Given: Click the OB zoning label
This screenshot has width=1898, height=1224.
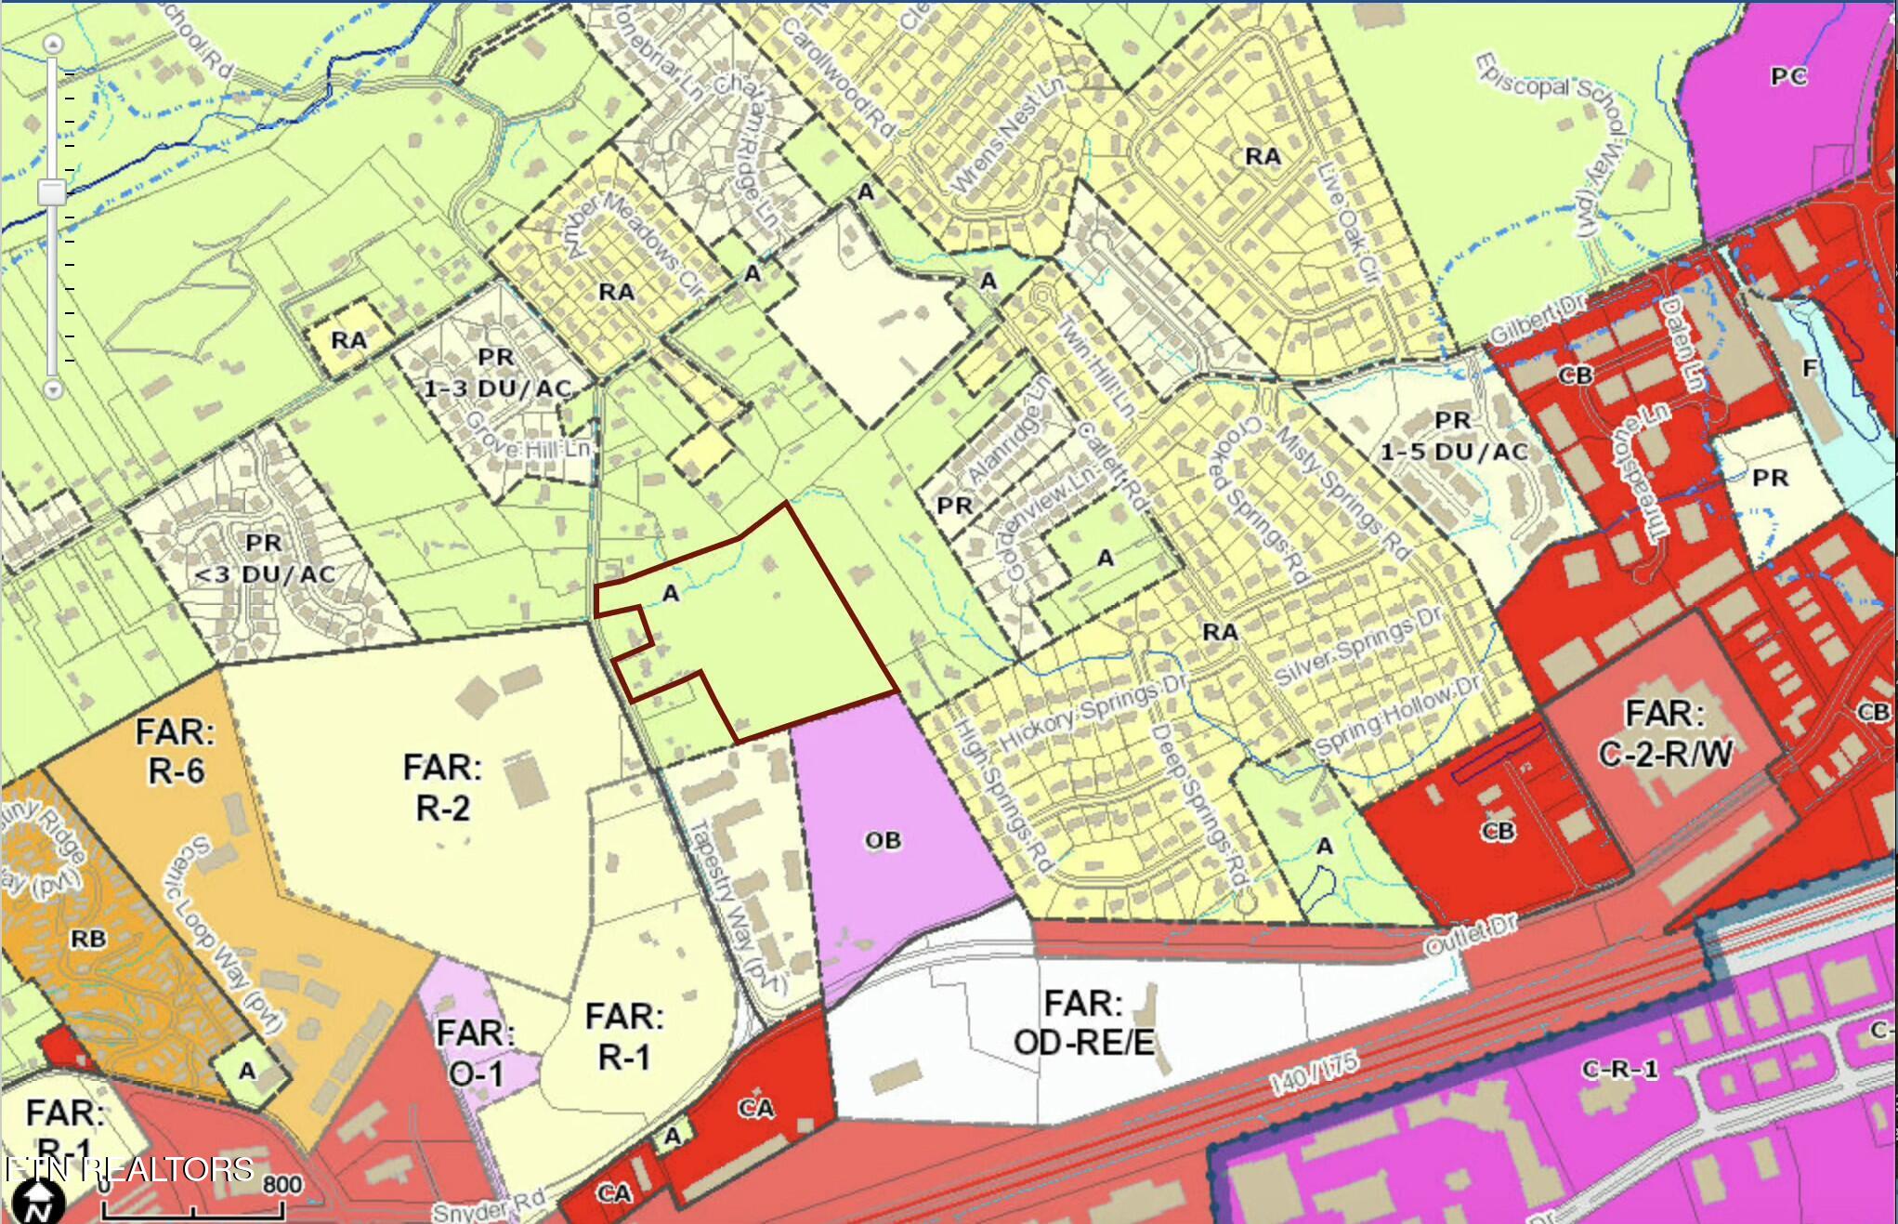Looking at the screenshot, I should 883,840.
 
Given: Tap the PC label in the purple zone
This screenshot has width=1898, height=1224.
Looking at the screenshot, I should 1788,76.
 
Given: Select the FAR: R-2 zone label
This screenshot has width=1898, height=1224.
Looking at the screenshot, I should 442,787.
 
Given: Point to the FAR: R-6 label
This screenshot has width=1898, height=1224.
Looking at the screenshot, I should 175,751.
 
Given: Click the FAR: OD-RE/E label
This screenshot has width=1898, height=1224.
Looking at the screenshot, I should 1083,1022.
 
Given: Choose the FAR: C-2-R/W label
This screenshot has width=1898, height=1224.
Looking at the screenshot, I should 1665,733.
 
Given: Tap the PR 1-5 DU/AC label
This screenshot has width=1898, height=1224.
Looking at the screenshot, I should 1453,436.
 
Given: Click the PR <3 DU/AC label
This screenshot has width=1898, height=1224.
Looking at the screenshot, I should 264,558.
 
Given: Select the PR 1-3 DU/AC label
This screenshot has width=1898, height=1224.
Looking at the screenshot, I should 496,373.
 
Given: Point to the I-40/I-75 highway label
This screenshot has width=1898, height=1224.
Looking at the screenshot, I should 1313,1073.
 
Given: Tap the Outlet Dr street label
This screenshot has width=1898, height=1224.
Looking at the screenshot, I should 1471,932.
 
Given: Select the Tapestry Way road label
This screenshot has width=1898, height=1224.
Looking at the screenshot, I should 739,906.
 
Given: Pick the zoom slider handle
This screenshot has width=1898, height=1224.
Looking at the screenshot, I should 52,192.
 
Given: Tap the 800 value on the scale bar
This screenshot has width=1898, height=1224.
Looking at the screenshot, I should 281,1184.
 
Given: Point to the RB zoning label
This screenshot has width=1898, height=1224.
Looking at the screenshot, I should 88,939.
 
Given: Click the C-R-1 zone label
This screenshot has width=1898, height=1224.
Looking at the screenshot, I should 1619,1069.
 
